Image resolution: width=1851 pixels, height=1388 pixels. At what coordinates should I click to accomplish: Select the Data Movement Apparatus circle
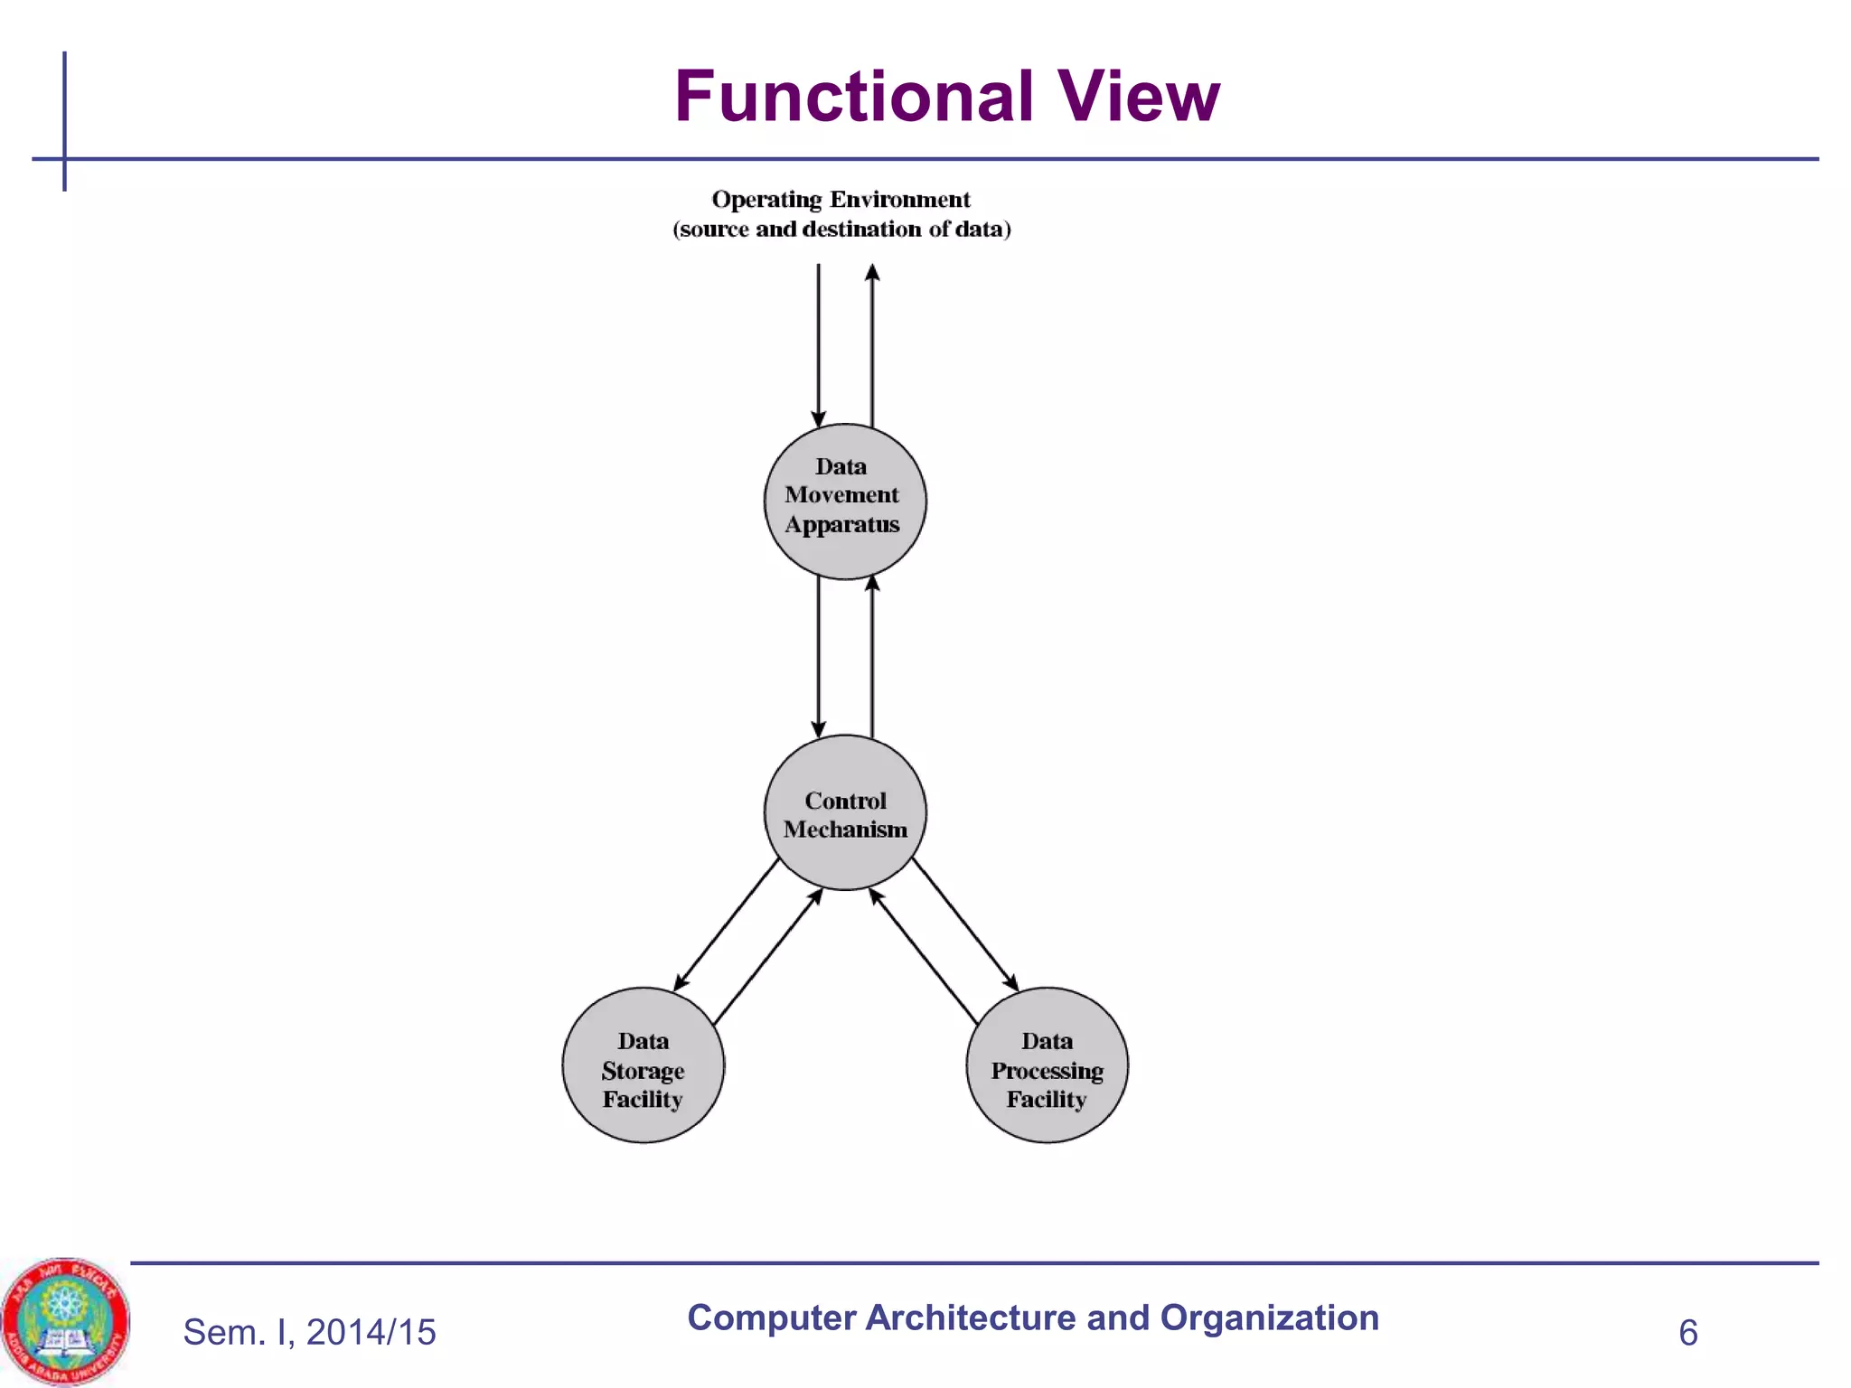[x=844, y=502]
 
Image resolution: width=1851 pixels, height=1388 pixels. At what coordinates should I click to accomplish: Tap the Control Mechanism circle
[x=844, y=812]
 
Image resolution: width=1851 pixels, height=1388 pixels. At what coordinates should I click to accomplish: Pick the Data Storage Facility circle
[x=643, y=1065]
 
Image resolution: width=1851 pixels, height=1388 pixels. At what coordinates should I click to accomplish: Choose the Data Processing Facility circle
[x=1047, y=1065]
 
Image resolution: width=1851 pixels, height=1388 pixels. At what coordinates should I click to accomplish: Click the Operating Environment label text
[x=841, y=199]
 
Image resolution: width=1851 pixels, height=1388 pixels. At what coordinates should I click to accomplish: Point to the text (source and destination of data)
[x=841, y=230]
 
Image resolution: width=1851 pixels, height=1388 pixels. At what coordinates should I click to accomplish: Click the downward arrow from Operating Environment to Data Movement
[x=818, y=343]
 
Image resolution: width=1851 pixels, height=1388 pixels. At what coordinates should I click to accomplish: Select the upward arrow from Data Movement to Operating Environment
[x=872, y=343]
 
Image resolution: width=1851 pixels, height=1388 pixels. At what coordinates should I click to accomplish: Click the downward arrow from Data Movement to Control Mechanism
[x=818, y=655]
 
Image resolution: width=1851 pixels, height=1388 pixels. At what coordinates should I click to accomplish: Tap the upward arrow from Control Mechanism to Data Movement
[x=872, y=655]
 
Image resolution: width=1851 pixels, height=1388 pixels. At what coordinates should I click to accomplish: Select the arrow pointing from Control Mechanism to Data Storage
[x=727, y=924]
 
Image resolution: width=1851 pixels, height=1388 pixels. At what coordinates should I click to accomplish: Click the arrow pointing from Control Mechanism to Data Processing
[x=964, y=924]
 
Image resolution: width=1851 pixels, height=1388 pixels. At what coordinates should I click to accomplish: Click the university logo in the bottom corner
[x=65, y=1320]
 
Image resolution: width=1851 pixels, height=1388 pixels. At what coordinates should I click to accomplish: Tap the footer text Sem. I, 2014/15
[x=309, y=1332]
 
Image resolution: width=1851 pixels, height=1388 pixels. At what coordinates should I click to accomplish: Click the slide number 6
[x=1687, y=1333]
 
